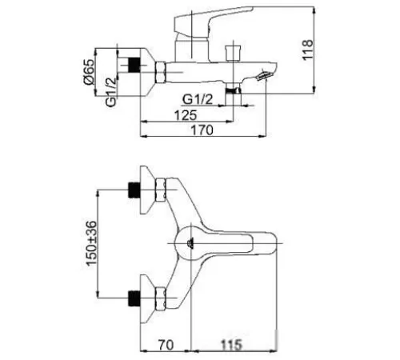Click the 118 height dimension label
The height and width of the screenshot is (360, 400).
[307, 50]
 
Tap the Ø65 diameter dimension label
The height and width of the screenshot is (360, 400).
[89, 72]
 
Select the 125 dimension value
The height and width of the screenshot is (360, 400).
[186, 115]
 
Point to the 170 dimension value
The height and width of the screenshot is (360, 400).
[202, 130]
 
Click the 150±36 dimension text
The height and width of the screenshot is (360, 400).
[91, 243]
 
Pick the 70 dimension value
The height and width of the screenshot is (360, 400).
[166, 345]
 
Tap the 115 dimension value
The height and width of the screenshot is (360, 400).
[231, 345]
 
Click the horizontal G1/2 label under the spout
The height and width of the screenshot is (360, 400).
[198, 99]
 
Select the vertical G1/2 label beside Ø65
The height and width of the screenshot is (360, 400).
[111, 92]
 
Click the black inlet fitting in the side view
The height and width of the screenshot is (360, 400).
[134, 65]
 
